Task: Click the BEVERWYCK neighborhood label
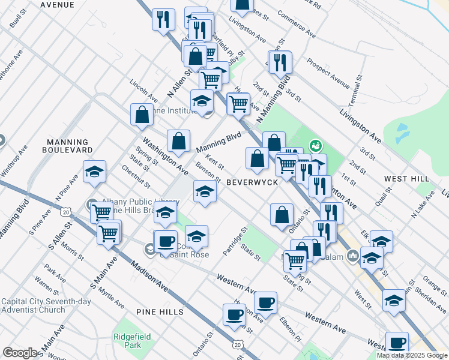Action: (x=252, y=181)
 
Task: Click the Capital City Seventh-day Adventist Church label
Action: (x=33, y=305)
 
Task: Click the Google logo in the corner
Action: (x=20, y=353)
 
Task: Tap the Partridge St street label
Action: (x=235, y=241)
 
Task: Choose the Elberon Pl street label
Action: (x=289, y=328)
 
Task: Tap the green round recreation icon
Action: (x=314, y=145)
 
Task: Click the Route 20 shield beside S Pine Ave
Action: (x=66, y=212)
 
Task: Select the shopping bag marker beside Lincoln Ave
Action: (x=142, y=116)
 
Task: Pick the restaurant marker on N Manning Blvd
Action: (x=280, y=62)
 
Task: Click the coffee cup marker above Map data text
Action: (x=396, y=343)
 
